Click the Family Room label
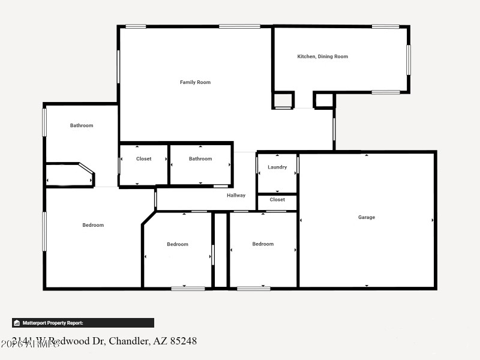tap(195, 82)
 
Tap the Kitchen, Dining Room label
tap(322, 56)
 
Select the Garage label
tap(366, 217)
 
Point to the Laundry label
tap(277, 167)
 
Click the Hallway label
tap(236, 195)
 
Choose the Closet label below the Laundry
tap(277, 200)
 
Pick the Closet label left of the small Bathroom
tap(143, 159)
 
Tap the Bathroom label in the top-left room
tap(82, 125)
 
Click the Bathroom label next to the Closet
tap(200, 159)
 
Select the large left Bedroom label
tap(93, 225)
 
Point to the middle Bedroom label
tap(178, 244)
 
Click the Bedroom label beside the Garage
tap(263, 244)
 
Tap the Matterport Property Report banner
tap(83, 323)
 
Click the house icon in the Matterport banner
tap(17, 323)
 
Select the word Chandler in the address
tap(127, 341)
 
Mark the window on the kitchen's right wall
tap(409, 60)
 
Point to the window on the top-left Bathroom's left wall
tap(44, 122)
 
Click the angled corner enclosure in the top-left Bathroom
tap(70, 175)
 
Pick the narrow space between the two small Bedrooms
tap(221, 250)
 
